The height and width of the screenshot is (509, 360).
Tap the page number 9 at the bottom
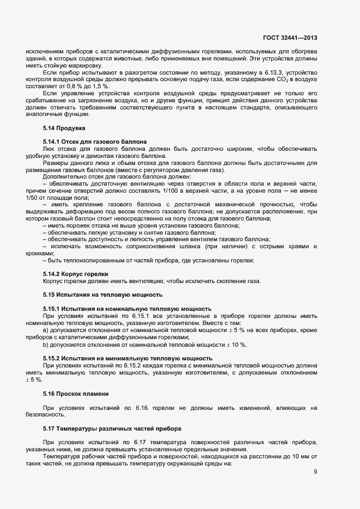(x=315, y=471)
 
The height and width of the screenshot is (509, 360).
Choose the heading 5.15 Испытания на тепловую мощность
(x=102, y=295)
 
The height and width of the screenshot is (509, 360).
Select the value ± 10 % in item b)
(x=235, y=345)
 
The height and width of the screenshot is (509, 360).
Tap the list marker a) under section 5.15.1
(x=46, y=330)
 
